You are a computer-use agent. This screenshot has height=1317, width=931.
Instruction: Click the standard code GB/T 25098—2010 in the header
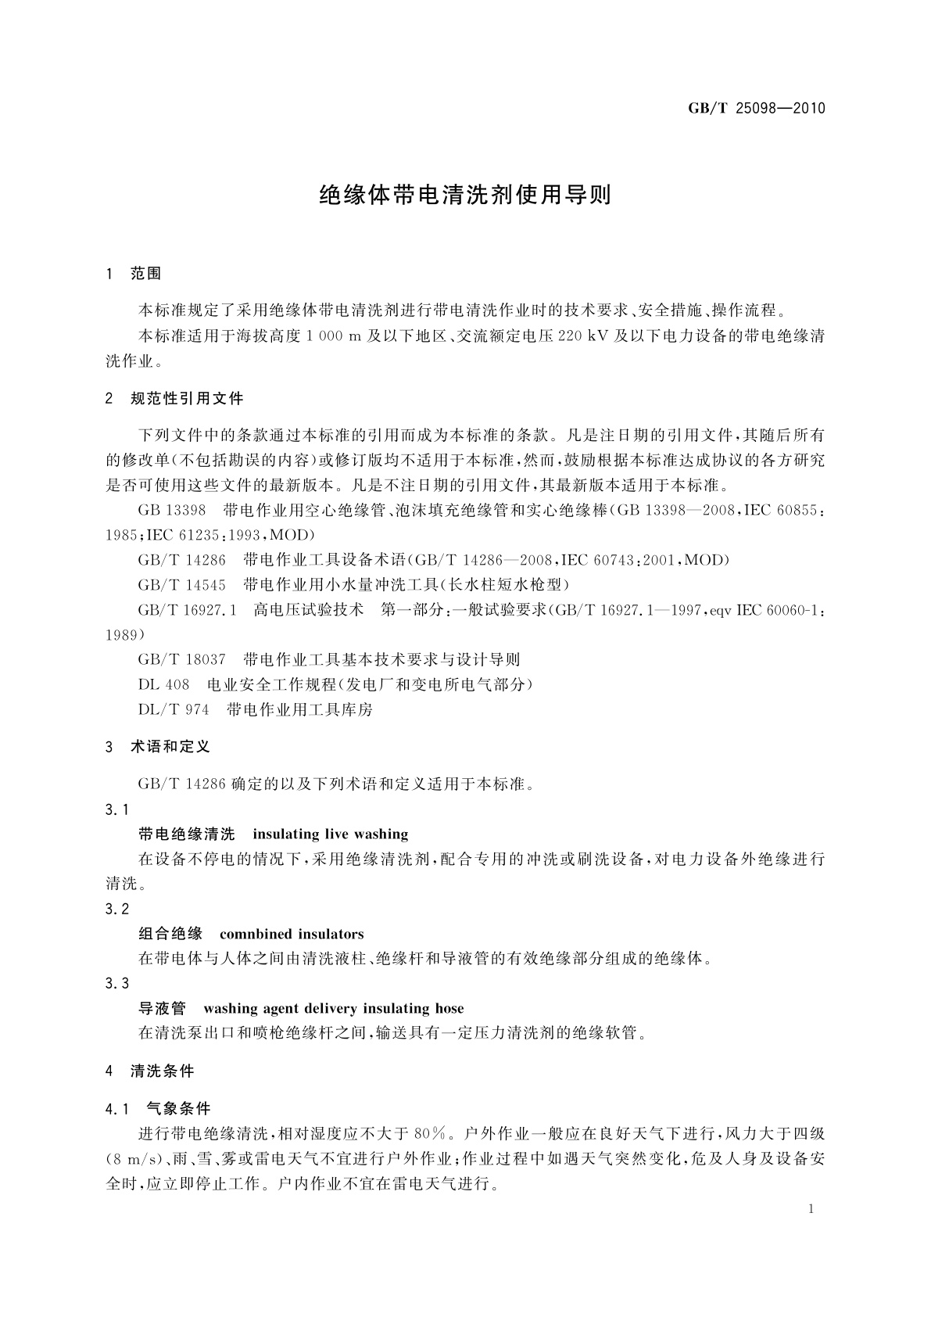click(x=756, y=109)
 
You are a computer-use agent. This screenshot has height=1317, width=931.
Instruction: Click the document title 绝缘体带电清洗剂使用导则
click(x=465, y=195)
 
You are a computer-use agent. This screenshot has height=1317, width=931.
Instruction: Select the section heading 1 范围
click(x=134, y=273)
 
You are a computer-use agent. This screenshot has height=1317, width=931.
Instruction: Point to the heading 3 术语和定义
click(x=158, y=747)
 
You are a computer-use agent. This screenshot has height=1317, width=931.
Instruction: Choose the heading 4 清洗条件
click(x=150, y=1071)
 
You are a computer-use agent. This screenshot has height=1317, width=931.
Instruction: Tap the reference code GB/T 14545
click(x=181, y=585)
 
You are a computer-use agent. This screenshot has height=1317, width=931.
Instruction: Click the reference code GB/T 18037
click(x=181, y=659)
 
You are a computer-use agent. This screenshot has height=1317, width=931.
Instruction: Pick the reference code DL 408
click(x=163, y=684)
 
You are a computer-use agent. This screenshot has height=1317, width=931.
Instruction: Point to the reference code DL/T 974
click(x=174, y=709)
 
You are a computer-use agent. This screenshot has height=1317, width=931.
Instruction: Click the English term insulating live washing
click(x=330, y=834)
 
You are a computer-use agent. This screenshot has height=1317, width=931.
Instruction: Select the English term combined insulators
click(x=292, y=934)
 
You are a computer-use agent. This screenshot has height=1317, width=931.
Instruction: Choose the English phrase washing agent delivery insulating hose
click(x=333, y=1008)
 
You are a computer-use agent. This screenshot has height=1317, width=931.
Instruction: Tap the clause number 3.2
click(x=116, y=909)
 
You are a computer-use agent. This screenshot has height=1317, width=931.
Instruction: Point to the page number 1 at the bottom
click(x=811, y=1209)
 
